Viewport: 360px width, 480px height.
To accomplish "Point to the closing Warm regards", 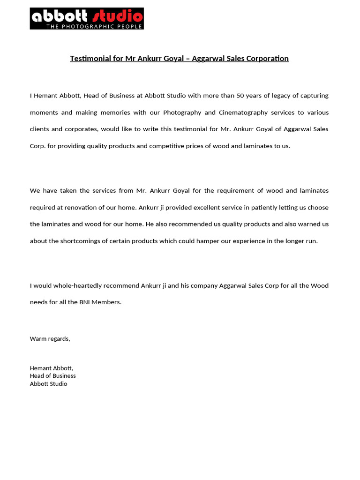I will [x=50, y=339].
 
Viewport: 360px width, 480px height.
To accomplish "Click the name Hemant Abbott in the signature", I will [x=52, y=368].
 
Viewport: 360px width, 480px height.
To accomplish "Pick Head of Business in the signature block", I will [x=52, y=376].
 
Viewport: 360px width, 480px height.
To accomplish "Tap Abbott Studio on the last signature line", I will [x=48, y=384].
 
